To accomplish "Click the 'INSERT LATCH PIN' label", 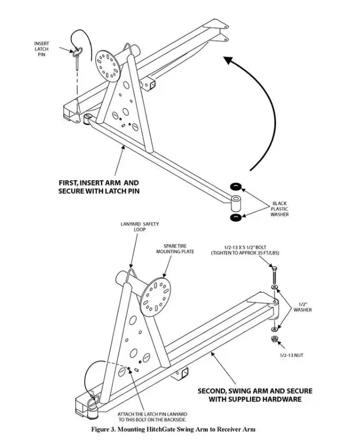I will (41, 49).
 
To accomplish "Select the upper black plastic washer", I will (236, 186).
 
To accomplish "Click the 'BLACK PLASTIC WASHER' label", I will (280, 208).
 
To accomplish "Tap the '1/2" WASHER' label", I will (302, 307).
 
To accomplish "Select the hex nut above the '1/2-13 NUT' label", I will (274, 339).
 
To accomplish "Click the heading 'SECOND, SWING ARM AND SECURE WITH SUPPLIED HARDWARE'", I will (255, 395).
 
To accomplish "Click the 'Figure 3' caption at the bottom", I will (173, 429).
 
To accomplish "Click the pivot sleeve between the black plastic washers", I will (236, 203).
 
